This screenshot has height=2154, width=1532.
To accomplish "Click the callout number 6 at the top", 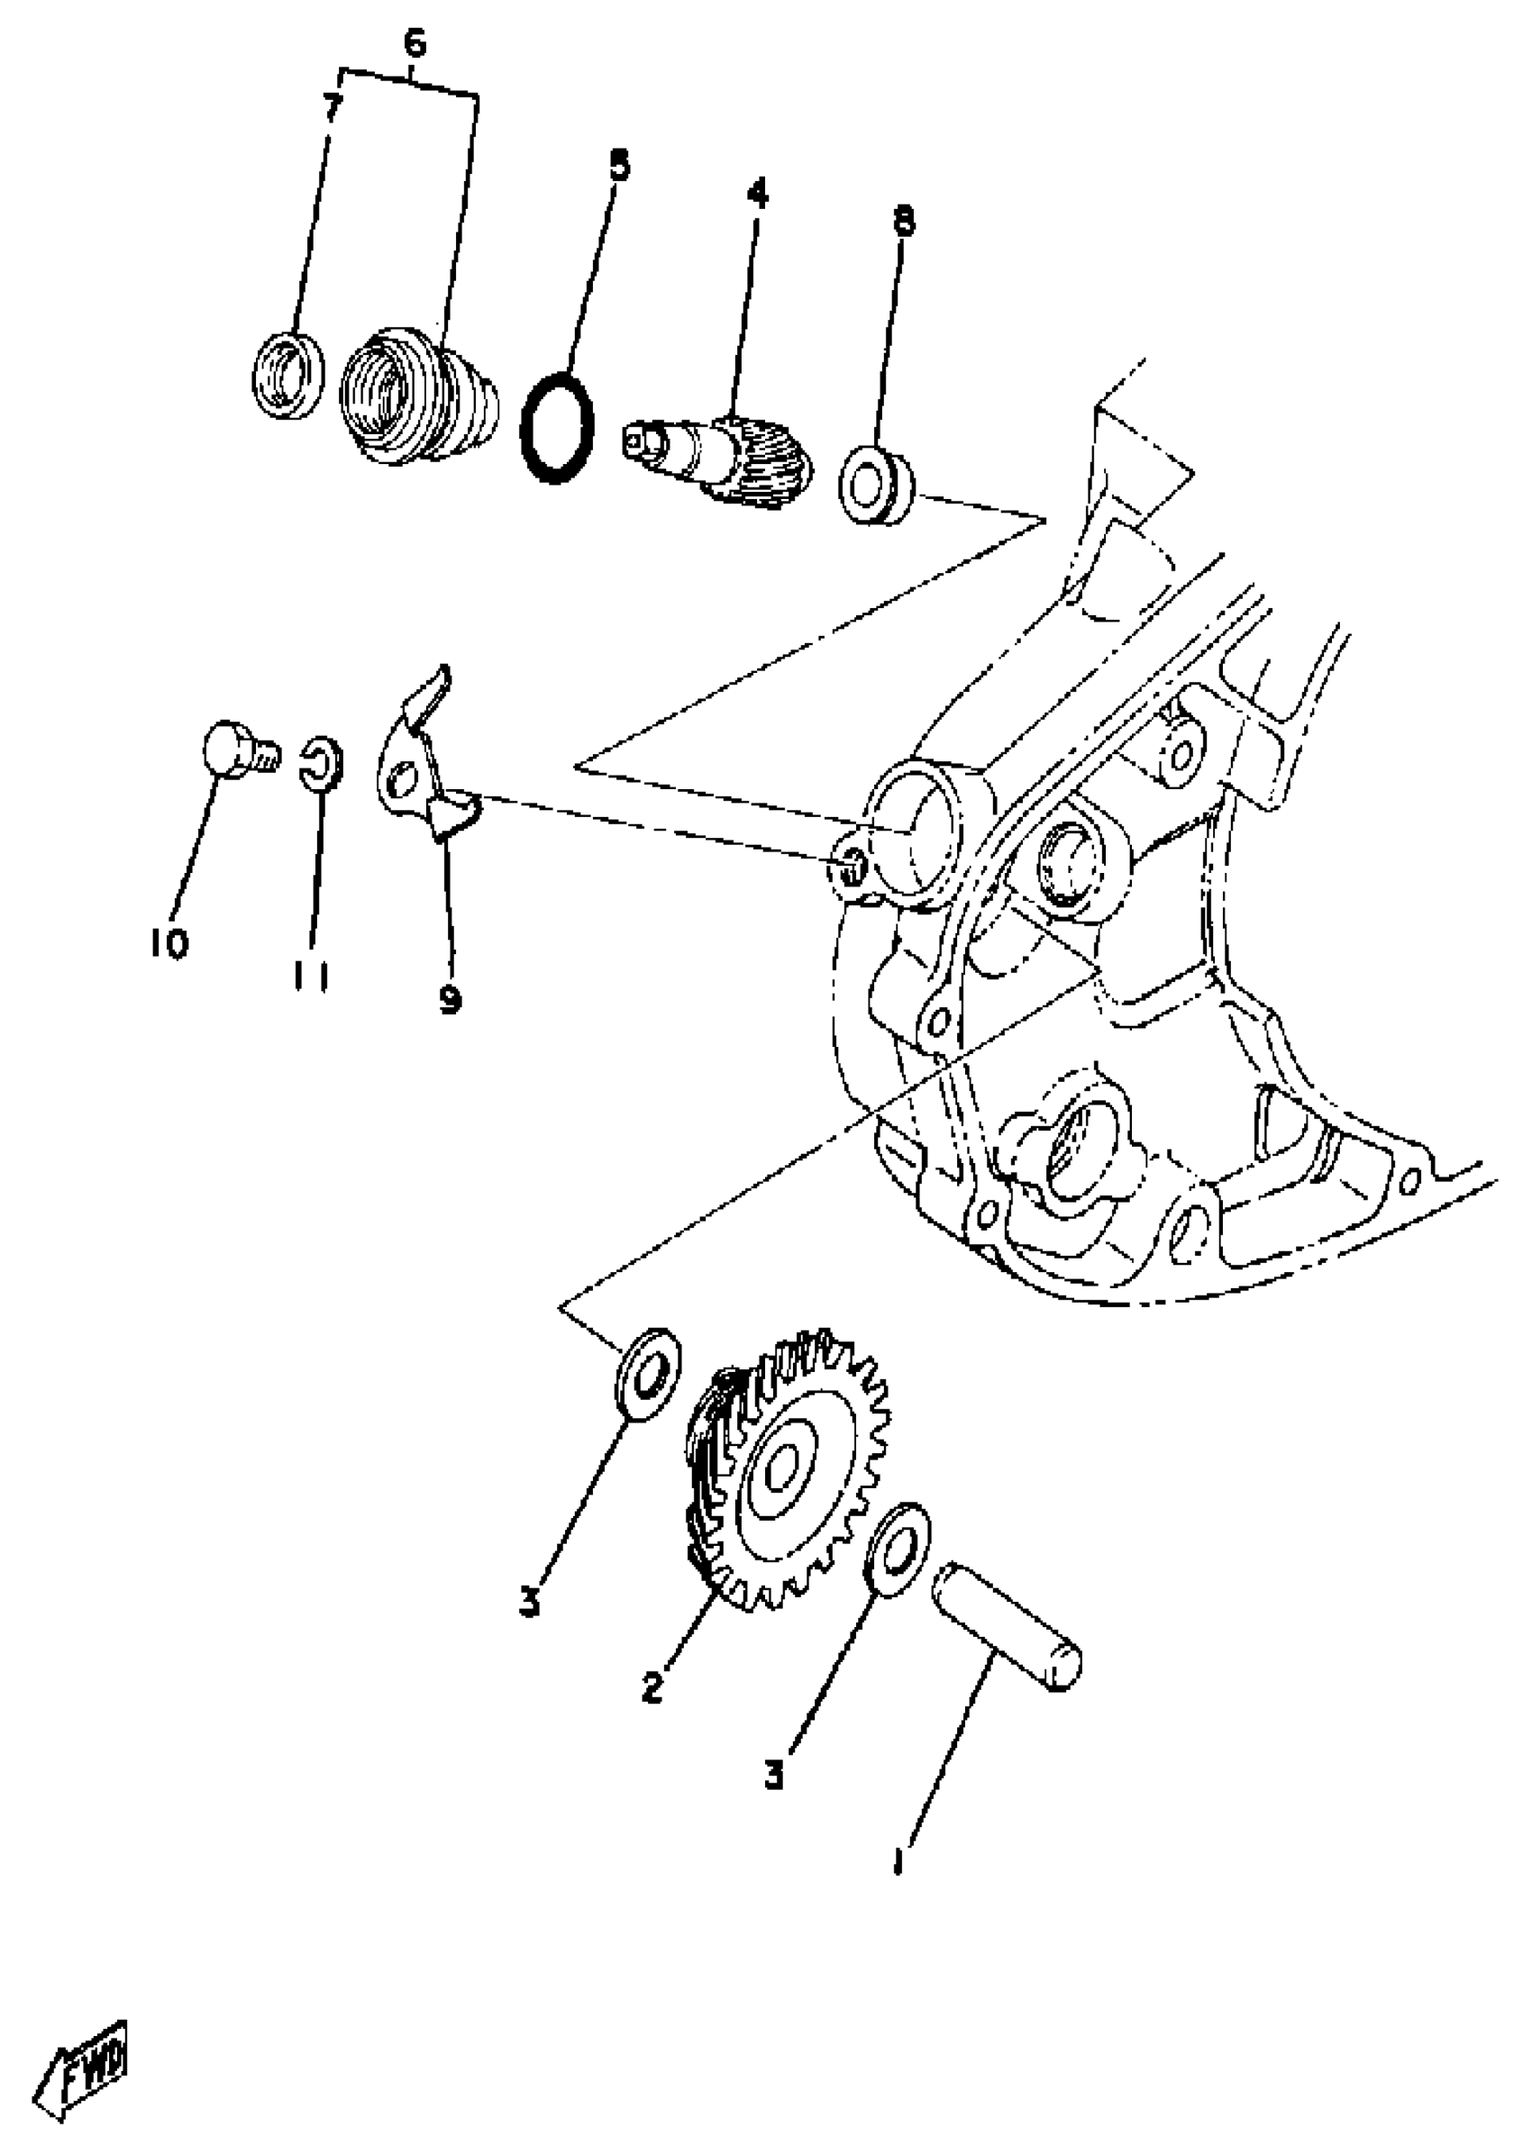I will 415,43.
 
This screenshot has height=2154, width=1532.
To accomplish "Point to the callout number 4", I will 757,194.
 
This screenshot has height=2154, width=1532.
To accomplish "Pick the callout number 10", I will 169,942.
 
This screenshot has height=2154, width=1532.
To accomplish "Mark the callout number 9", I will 450,998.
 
